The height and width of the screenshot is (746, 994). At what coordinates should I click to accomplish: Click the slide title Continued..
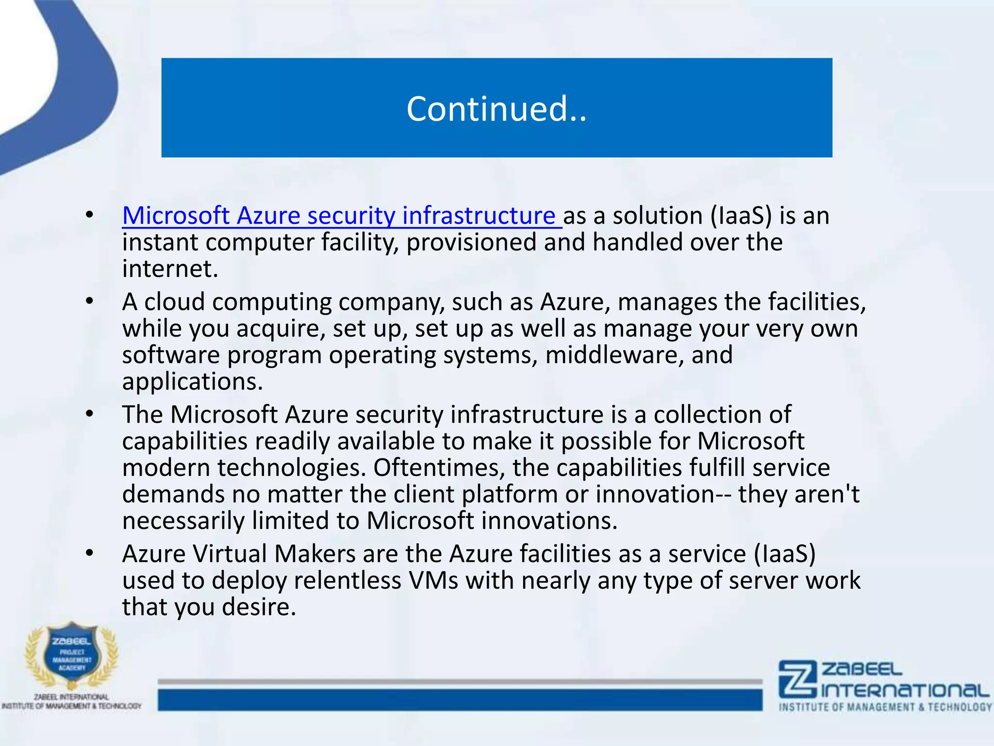[496, 109]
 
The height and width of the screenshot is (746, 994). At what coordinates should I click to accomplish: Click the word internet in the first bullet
[169, 269]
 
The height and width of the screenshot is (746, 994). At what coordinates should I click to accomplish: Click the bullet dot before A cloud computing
[89, 302]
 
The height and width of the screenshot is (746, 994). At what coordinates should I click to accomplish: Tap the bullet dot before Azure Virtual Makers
[89, 553]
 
